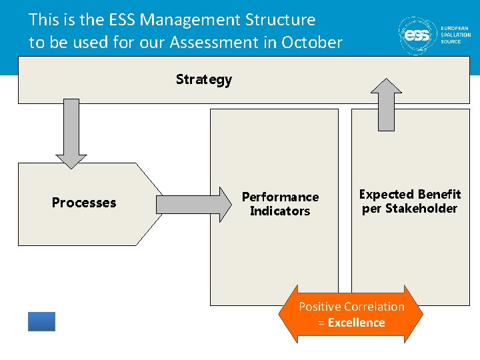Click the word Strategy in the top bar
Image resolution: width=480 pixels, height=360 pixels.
(x=203, y=79)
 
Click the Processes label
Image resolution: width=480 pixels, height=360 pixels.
(x=84, y=203)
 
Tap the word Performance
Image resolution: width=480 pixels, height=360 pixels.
(x=280, y=197)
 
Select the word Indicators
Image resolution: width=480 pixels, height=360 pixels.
(x=280, y=211)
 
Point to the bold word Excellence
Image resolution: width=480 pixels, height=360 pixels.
(x=356, y=323)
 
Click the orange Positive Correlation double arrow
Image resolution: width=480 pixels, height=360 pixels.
(x=351, y=314)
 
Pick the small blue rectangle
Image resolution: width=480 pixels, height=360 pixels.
(x=41, y=321)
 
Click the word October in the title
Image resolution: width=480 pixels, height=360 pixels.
(x=311, y=43)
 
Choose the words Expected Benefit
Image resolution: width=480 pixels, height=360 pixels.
(x=410, y=194)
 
